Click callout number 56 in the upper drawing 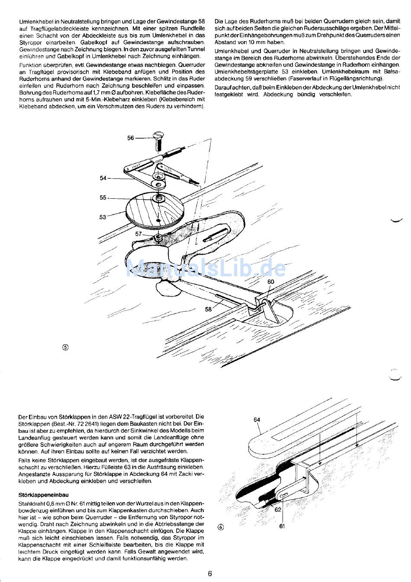(131, 138)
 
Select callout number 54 (103, 178)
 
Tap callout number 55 (103, 197)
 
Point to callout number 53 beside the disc (103, 217)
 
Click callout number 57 (138, 234)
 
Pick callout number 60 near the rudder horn (270, 281)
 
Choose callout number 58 (209, 309)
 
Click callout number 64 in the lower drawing (257, 419)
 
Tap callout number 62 (278, 510)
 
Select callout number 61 (282, 526)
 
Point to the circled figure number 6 (221, 527)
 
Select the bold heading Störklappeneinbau (44, 495)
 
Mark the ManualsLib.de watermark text (205, 268)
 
